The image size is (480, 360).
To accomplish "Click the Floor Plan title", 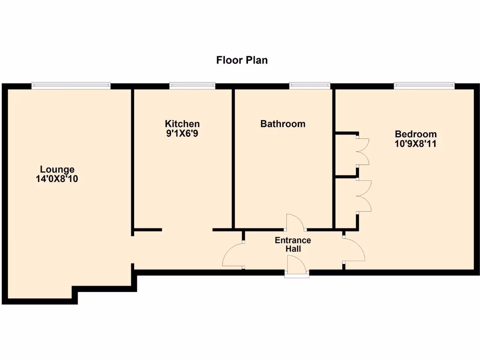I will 241,60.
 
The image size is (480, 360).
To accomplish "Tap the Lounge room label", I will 57,170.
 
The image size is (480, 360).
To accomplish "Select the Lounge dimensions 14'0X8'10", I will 57,179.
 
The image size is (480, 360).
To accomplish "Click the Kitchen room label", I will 182,124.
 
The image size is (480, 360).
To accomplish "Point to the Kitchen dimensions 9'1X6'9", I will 182,133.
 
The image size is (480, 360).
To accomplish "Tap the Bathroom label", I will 283,124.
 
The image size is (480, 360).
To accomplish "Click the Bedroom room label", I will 415,135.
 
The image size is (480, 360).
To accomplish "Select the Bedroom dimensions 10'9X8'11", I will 415,144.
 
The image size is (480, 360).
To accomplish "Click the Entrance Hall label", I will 292,245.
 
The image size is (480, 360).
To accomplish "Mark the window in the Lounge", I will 71,86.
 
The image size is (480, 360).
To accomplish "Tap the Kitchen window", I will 192,86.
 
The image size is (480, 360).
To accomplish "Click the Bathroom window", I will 309,86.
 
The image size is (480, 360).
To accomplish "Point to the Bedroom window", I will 424,86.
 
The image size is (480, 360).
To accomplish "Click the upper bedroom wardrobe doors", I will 363,151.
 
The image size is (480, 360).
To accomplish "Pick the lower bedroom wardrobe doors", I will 364,196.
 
